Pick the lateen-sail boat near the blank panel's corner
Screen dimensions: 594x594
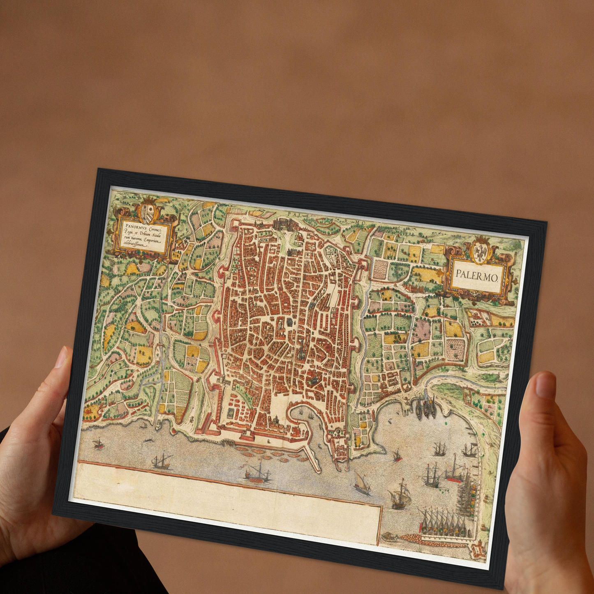coord(362,483)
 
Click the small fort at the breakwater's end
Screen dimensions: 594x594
coord(478,549)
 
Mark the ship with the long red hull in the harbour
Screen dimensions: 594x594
coord(455,473)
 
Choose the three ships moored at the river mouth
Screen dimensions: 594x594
coord(426,406)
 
